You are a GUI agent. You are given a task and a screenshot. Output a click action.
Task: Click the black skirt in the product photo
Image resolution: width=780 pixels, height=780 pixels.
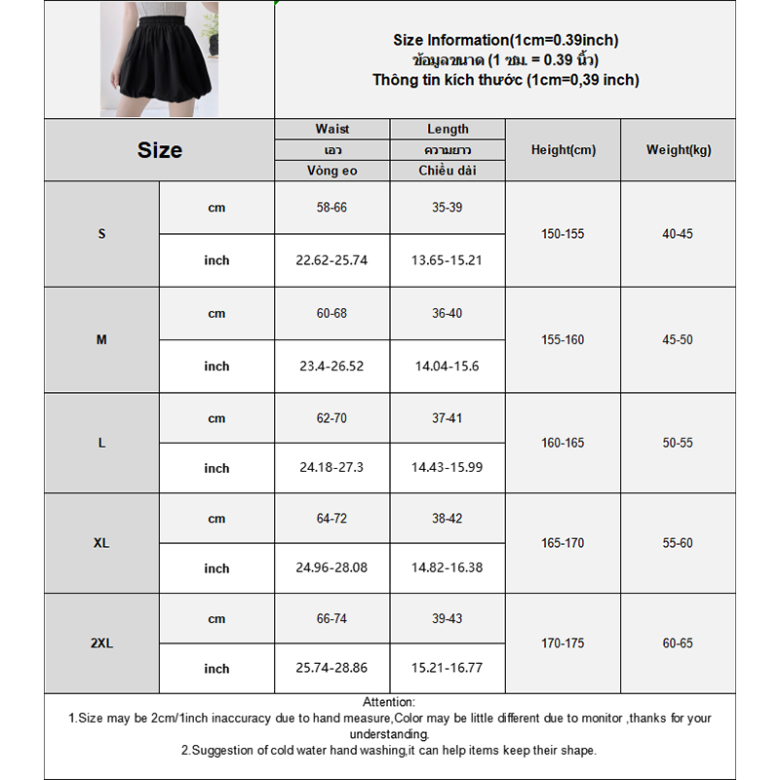pos(157,72)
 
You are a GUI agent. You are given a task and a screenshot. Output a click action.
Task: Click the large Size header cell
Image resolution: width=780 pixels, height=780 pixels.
pos(159,150)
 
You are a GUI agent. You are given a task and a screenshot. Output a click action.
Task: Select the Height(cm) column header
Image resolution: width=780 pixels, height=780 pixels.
pos(563,150)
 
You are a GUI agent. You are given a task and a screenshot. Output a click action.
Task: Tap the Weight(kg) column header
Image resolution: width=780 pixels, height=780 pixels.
pos(679,150)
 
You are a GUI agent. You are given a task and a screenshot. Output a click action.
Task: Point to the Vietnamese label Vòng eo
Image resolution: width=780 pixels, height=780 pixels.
pos(331,171)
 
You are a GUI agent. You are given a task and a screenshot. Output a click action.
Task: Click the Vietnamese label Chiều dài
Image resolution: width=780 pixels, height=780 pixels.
pos(448,171)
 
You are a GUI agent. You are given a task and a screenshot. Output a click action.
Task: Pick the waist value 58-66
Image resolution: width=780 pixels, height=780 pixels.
pos(331,208)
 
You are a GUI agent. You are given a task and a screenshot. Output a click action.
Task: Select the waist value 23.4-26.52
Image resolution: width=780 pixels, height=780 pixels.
pos(331,367)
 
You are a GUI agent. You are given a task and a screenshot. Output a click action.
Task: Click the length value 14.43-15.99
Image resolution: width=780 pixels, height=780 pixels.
pos(448,468)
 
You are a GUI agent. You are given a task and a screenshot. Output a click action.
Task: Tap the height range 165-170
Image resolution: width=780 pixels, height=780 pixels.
pos(563,543)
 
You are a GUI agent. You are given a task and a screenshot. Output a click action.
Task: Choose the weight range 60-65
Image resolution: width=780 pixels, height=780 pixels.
pos(679,643)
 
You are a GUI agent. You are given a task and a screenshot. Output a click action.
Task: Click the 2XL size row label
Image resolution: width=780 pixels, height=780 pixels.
pos(101,643)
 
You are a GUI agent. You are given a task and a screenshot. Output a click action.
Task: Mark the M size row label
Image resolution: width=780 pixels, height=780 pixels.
pos(101,340)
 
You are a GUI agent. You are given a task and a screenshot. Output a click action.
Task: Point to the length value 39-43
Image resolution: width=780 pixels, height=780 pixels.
pos(448,619)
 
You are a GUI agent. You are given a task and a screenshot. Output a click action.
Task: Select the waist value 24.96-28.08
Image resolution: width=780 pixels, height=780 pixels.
pos(331,568)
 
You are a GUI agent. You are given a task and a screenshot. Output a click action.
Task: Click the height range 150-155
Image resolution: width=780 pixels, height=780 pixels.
pos(563,234)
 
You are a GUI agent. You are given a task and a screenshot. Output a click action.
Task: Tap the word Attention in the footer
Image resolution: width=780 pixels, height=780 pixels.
pos(389,702)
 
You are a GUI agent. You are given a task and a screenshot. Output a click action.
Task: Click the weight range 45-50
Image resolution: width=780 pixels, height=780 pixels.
pos(679,340)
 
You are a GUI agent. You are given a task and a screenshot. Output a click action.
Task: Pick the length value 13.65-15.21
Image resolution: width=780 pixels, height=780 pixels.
pos(448,260)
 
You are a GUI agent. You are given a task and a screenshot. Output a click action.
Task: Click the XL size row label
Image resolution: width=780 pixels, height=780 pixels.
pos(101,543)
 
